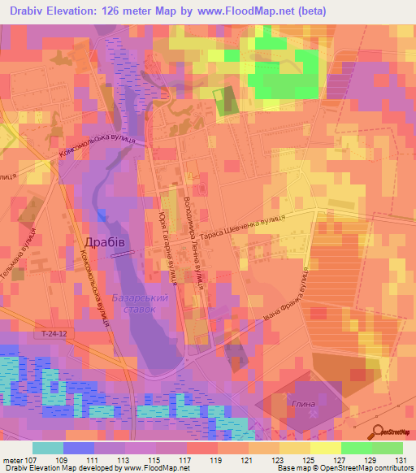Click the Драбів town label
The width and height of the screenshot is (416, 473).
coord(104,242)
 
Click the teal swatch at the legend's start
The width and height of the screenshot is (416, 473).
coord(47,448)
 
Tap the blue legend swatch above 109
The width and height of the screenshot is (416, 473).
coord(78,448)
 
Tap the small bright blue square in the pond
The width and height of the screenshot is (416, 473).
coord(101,215)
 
